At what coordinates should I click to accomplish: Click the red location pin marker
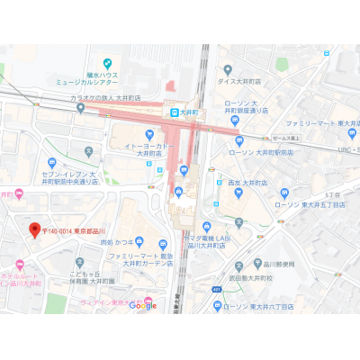pyautogui.click(x=36, y=229)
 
